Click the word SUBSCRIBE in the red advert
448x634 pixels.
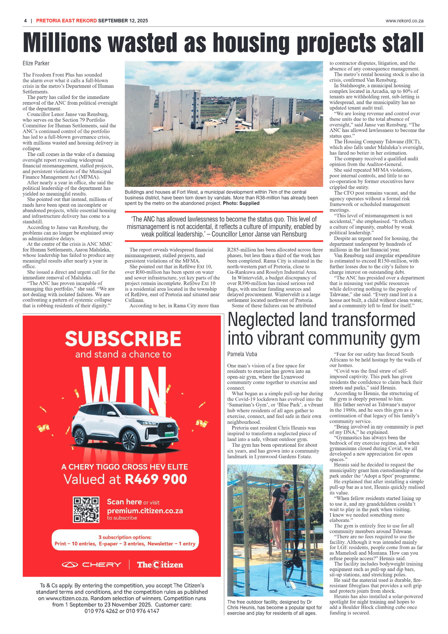click(x=123, y=339)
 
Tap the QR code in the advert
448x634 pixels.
click(x=86, y=509)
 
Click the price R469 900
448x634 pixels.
click(x=156, y=479)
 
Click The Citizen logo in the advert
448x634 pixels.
click(x=160, y=565)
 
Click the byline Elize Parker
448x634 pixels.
click(x=36, y=63)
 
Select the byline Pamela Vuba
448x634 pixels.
click(x=242, y=354)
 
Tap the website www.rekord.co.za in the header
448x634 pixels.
click(x=404, y=21)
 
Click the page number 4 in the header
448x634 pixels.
click(x=25, y=21)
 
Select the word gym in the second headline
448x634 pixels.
click(x=405, y=339)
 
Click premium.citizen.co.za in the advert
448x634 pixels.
click(x=145, y=511)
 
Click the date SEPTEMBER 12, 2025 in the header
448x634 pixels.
click(x=123, y=21)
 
